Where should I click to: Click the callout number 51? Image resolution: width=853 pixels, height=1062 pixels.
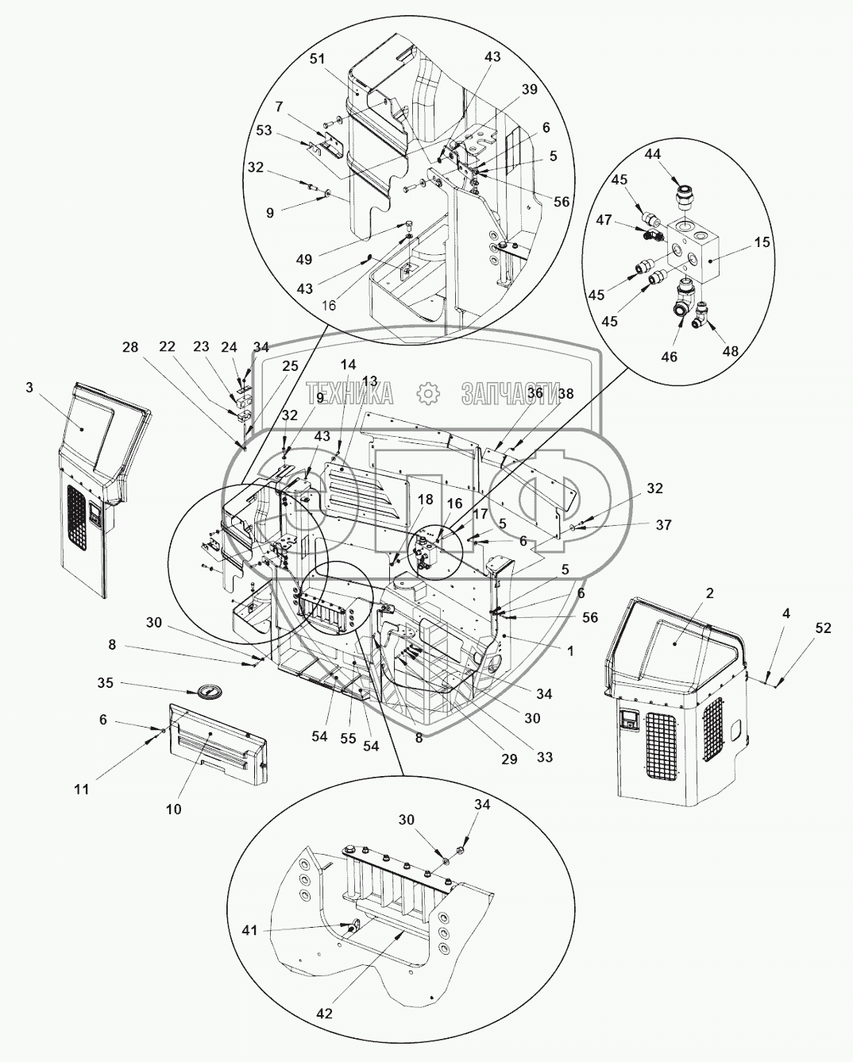pyautogui.click(x=318, y=60)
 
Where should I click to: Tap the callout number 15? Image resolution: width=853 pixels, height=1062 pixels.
pyautogui.click(x=762, y=242)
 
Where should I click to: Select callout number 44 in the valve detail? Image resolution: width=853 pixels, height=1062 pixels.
pyautogui.click(x=652, y=154)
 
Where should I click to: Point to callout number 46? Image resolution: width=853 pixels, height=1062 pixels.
pyautogui.click(x=670, y=357)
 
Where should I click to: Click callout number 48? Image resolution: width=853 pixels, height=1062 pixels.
pyautogui.click(x=731, y=350)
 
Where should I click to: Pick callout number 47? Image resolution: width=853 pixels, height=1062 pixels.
pyautogui.click(x=604, y=219)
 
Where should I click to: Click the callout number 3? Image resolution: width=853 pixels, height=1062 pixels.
pyautogui.click(x=29, y=388)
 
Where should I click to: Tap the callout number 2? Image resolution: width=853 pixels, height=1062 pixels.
pyautogui.click(x=709, y=593)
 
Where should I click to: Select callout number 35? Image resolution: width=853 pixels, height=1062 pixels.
pyautogui.click(x=105, y=683)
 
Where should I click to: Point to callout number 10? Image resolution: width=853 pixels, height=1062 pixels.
pyautogui.click(x=174, y=809)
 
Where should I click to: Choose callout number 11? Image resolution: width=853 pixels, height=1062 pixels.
pyautogui.click(x=82, y=790)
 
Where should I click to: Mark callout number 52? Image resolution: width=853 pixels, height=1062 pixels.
pyautogui.click(x=823, y=628)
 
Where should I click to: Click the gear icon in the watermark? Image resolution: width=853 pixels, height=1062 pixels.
pyautogui.click(x=427, y=393)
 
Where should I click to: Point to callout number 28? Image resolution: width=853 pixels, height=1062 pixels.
pyautogui.click(x=130, y=347)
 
